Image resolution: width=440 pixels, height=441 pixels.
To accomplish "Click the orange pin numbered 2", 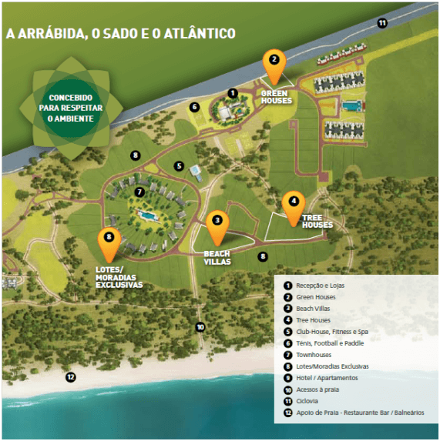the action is (274, 67).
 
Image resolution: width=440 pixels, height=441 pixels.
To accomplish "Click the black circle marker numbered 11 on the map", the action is (382, 23).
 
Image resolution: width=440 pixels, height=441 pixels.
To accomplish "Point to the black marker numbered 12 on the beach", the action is (71, 377).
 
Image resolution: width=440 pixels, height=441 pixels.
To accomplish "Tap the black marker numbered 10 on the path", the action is (200, 327).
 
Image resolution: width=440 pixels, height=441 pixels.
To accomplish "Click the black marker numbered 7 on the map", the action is (139, 192).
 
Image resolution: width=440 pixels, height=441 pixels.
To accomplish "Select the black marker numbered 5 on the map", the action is (179, 166).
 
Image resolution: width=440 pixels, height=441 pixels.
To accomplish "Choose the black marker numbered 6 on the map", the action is (194, 107).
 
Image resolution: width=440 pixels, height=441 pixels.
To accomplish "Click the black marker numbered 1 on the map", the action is (233, 93).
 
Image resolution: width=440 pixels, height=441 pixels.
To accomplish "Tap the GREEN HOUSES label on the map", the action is (276, 97).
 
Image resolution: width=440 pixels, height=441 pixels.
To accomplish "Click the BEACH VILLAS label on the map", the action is (217, 258).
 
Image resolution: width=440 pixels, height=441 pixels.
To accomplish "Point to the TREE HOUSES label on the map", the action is (317, 222).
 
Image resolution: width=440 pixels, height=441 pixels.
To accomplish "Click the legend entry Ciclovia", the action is (301, 401).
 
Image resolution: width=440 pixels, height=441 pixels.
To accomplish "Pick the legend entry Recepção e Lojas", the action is (314, 286).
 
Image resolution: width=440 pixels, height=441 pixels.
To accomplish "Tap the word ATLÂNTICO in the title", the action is (200, 33).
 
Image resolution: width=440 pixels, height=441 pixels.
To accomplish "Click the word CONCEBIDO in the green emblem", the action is (71, 98).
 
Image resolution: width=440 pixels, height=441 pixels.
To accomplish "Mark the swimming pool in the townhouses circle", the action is (147, 215).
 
